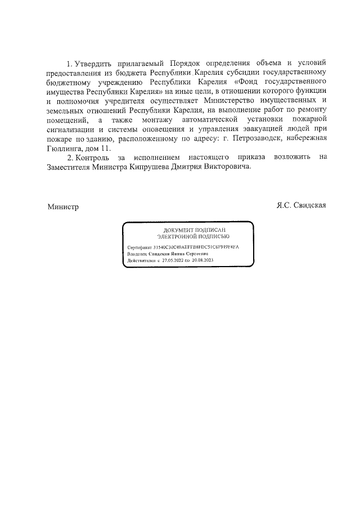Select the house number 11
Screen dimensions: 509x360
[x=105, y=148]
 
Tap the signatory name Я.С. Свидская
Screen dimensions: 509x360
[x=301, y=206]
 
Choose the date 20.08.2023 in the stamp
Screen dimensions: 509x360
[x=202, y=260]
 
